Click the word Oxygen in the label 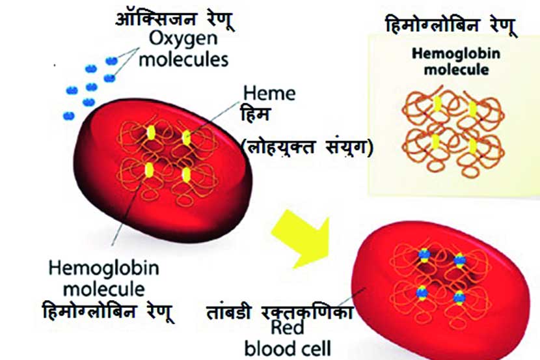click(180, 38)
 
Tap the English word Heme click(268, 93)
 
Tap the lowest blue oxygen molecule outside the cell click(69, 115)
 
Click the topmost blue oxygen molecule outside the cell click(112, 61)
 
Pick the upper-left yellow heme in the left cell click(151, 132)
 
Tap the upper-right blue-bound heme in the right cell click(461, 262)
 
